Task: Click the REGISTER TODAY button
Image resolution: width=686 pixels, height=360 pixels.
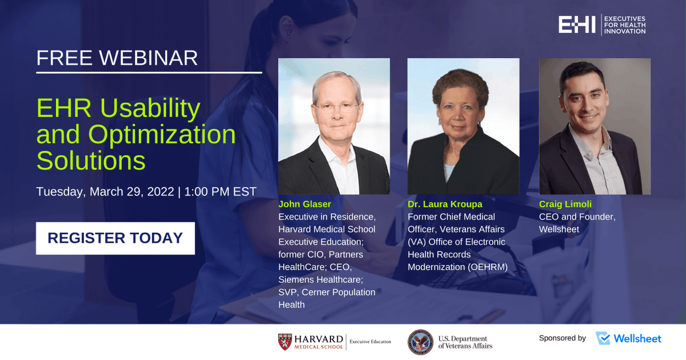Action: pos(115,238)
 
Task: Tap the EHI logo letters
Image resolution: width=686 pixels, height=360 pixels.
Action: pos(577,25)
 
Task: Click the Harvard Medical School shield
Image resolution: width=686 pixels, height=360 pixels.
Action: pos(285,342)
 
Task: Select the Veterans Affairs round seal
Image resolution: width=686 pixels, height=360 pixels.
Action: pos(421,342)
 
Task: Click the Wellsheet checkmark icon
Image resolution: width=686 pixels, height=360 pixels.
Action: pos(603,338)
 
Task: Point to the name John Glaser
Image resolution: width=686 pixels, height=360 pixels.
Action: pos(305,204)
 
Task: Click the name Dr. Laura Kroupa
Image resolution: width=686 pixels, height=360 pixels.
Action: pos(445,204)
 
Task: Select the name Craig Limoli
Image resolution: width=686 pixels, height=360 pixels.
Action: pos(565,204)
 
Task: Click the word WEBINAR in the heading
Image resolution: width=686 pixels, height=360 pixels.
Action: pos(148,58)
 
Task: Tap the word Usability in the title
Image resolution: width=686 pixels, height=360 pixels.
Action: pos(150,109)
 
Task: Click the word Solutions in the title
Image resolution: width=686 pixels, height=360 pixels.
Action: pos(91,161)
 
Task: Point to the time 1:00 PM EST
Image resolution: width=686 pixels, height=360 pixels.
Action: pos(220,191)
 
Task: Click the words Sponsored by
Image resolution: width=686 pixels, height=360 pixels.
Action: pos(563,338)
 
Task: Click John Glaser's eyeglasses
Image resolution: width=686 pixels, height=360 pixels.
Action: pos(337,107)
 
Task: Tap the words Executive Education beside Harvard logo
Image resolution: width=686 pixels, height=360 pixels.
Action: pos(370,342)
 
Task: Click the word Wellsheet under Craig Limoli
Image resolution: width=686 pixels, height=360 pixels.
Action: pos(559,229)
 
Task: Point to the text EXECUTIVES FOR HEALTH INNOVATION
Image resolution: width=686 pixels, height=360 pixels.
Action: pos(625,25)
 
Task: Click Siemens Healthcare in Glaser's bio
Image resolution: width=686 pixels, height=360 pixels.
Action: pos(321,279)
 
